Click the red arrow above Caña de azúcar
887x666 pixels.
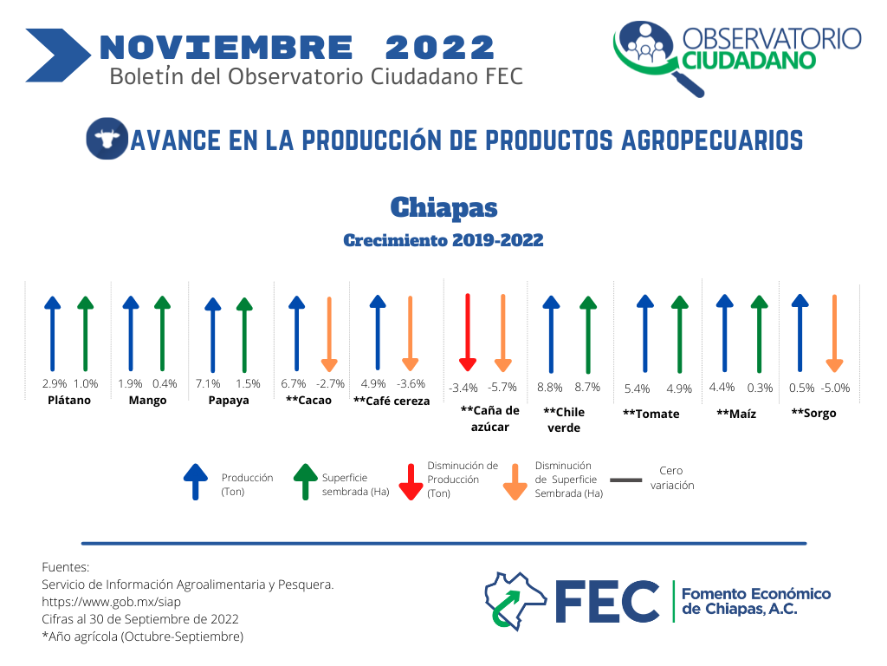[467, 332]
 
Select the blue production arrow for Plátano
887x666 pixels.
[53, 334]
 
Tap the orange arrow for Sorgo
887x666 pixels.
[834, 333]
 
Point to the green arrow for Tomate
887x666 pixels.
[679, 334]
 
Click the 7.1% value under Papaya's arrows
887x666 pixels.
[208, 384]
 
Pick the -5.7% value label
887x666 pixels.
[502, 388]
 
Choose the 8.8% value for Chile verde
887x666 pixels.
[550, 388]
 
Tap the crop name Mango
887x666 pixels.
[147, 401]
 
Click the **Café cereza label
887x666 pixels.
[392, 401]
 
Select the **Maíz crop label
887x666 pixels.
[736, 414]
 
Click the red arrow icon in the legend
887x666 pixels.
[411, 482]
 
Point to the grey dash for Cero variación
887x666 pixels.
[626, 480]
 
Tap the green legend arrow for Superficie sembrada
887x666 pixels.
[306, 482]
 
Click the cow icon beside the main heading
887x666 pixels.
[107, 138]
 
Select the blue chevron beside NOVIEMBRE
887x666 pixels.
[58, 55]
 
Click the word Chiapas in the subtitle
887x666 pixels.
[444, 208]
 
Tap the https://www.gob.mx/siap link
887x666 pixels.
[112, 602]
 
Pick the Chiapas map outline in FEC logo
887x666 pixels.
[515, 601]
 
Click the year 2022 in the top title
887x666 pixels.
[439, 48]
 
